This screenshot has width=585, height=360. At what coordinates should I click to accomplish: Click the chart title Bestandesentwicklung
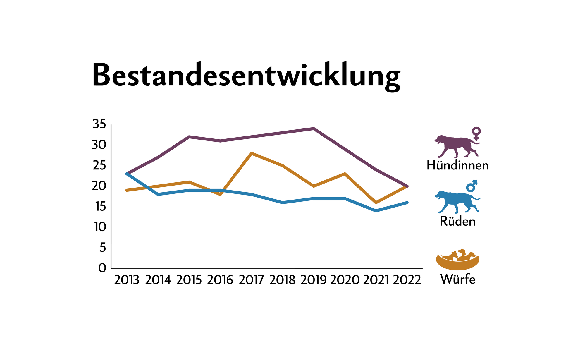pyautogui.click(x=246, y=75)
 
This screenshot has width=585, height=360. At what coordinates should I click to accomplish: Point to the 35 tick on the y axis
pyautogui.click(x=99, y=124)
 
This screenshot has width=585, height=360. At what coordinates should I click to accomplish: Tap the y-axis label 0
pyautogui.click(x=102, y=268)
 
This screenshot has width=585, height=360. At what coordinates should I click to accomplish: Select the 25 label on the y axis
pyautogui.click(x=99, y=166)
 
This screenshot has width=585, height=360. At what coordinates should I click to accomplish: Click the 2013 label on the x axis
pyautogui.click(x=127, y=280)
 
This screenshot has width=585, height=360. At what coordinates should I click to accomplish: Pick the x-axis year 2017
pyautogui.click(x=251, y=280)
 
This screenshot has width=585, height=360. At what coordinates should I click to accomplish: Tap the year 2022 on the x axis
pyautogui.click(x=407, y=280)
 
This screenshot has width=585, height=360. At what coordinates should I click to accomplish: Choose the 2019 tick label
pyautogui.click(x=313, y=280)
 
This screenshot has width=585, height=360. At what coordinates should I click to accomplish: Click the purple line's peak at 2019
pyautogui.click(x=314, y=128)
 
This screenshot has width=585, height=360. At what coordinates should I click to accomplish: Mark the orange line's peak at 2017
pyautogui.click(x=251, y=153)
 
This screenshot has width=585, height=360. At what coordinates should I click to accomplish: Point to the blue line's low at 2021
pyautogui.click(x=376, y=211)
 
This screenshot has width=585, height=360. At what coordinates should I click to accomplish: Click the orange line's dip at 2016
pyautogui.click(x=220, y=194)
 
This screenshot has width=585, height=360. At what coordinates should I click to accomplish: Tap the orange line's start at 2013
pyautogui.click(x=127, y=190)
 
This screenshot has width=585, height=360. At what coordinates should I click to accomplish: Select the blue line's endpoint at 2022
pyautogui.click(x=407, y=203)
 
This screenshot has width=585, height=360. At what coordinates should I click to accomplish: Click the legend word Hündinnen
pyautogui.click(x=457, y=165)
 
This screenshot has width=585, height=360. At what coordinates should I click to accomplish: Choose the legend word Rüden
pyautogui.click(x=457, y=222)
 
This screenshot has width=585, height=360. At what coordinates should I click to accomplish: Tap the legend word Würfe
pyautogui.click(x=457, y=279)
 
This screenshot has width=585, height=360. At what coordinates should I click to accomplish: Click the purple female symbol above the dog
pyautogui.click(x=476, y=133)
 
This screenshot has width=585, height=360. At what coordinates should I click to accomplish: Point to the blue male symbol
pyautogui.click(x=472, y=186)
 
